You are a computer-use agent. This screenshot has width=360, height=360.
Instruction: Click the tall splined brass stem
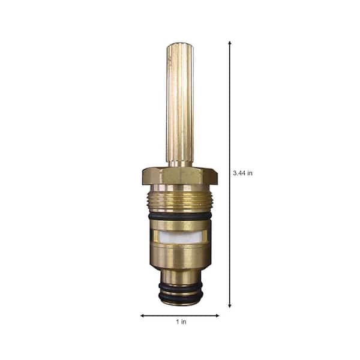pyautogui.click(x=179, y=102)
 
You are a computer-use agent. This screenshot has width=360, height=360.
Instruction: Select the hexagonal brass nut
pyautogui.click(x=179, y=175)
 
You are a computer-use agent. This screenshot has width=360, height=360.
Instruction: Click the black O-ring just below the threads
pyautogui.click(x=179, y=215)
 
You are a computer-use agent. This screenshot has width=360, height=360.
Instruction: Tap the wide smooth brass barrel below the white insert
pyautogui.click(x=179, y=258)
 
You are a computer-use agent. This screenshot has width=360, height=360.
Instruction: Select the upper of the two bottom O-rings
pyautogui.click(x=179, y=286)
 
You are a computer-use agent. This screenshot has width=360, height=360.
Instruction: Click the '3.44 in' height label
pyautogui.click(x=242, y=173)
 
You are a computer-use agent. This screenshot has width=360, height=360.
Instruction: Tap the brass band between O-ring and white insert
pyautogui.click(x=179, y=223)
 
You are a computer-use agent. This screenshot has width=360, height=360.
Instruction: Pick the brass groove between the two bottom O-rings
pyautogui.click(x=179, y=292)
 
